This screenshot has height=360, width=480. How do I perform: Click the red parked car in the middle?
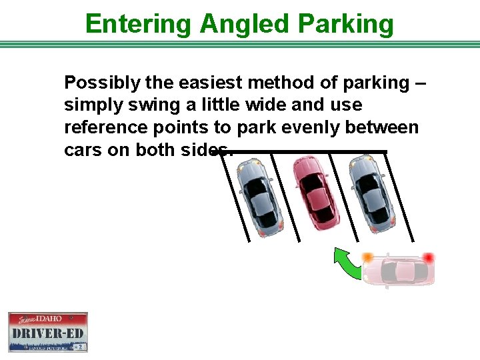(x=317, y=193)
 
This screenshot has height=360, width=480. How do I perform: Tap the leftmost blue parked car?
(x=261, y=197)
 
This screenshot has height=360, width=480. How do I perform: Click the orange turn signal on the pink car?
(x=367, y=257)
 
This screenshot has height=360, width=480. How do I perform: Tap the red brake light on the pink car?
(x=428, y=257)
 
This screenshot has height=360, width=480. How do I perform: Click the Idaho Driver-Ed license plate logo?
(x=48, y=331)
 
